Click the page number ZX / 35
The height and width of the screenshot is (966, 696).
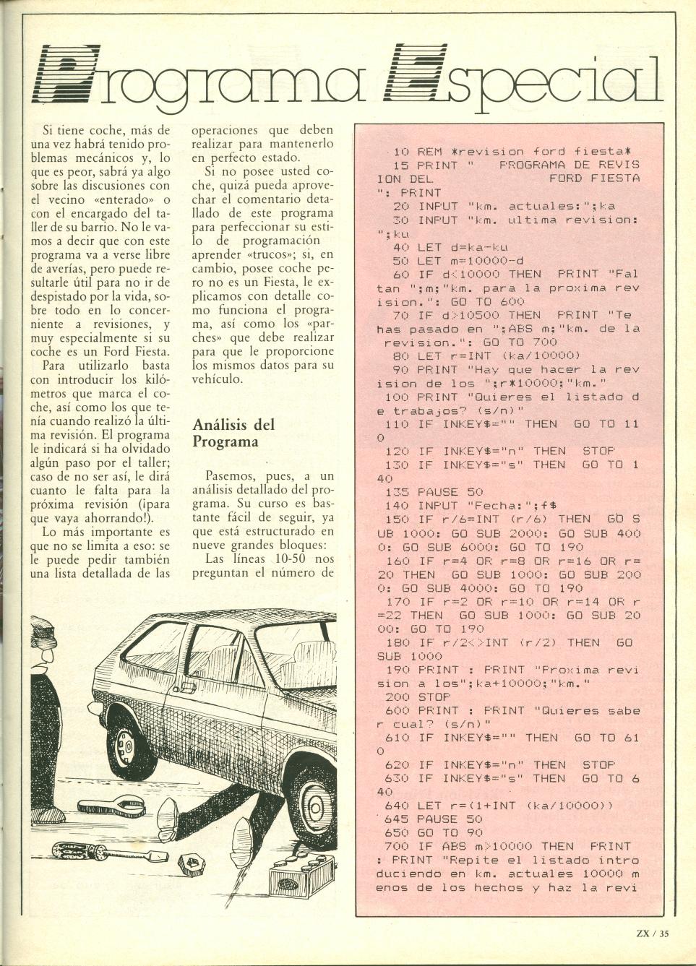click(x=652, y=933)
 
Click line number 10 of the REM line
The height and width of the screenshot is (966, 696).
click(x=402, y=152)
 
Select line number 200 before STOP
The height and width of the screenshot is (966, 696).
click(x=397, y=697)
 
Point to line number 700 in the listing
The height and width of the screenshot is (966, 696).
click(x=397, y=846)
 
